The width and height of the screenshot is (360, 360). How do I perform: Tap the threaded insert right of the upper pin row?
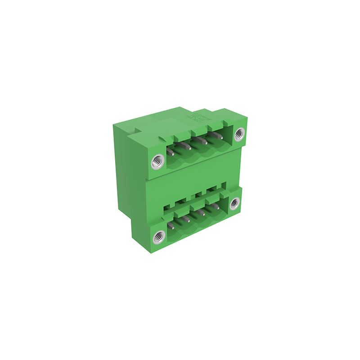(x=239, y=133)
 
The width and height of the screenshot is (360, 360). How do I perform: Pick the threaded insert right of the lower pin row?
(x=234, y=204)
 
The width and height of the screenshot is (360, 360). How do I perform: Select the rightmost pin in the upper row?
(x=216, y=135)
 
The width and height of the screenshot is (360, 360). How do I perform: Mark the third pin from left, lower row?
(x=201, y=212)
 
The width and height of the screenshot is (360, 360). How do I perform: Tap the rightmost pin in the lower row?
(x=216, y=206)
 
